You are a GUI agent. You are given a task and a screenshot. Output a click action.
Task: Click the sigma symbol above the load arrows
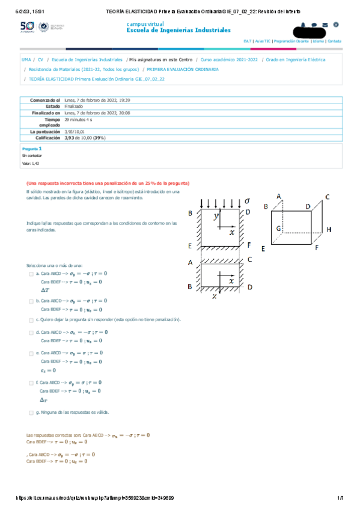pyautogui.click(x=247, y=200)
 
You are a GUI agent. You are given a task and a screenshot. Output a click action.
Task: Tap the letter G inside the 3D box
pyautogui.click(x=278, y=229)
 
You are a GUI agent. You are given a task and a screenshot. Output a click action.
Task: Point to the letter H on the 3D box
pyautogui.click(x=329, y=230)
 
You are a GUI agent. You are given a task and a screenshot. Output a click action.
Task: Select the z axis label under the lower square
pyautogui.click(x=213, y=296)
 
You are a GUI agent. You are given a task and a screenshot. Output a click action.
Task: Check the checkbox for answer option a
pyautogui.click(x=31, y=274)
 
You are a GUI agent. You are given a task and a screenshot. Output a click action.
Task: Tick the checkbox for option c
pyautogui.click(x=31, y=320)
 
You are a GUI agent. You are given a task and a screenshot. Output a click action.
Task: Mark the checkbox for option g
pyautogui.click(x=31, y=413)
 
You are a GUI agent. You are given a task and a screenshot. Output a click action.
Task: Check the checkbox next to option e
pyautogui.click(x=31, y=353)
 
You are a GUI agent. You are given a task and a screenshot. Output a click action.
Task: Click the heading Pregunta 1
pyautogui.click(x=32, y=147)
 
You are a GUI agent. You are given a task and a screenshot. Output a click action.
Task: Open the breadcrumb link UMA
pyautogui.click(x=26, y=60)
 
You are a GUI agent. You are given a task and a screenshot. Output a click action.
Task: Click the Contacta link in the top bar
pyautogui.click(x=334, y=41)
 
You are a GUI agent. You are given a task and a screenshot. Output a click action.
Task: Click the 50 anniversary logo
pyautogui.click(x=28, y=27)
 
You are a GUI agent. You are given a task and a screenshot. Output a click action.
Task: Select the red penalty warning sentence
pyautogui.click(x=108, y=183)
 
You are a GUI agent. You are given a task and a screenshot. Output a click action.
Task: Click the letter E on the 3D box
pyautogui.click(x=263, y=248)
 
